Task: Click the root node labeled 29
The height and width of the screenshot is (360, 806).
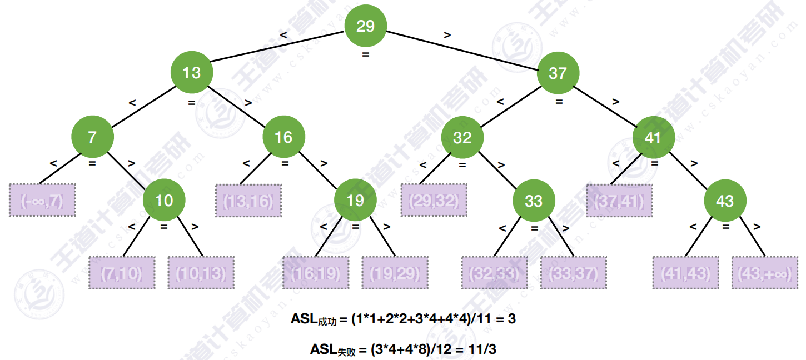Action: coord(365,26)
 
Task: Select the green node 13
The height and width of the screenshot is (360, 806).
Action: coord(192,73)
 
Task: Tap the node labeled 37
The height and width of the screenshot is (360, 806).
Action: coord(558,73)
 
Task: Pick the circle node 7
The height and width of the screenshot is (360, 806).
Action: coord(92,137)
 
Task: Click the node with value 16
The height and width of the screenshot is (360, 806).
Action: coord(283,137)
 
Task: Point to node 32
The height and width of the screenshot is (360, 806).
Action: coord(462,137)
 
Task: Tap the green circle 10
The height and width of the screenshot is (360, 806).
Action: coord(164,200)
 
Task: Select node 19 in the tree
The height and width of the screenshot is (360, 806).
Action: coord(355,200)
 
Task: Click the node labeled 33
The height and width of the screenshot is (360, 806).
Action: coord(534,201)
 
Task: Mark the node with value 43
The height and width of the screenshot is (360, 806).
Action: coord(725,201)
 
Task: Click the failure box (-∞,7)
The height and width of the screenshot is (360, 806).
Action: coord(42,200)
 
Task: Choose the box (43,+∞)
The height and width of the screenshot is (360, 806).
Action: coord(765,272)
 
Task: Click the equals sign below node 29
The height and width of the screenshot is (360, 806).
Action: coord(365,55)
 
